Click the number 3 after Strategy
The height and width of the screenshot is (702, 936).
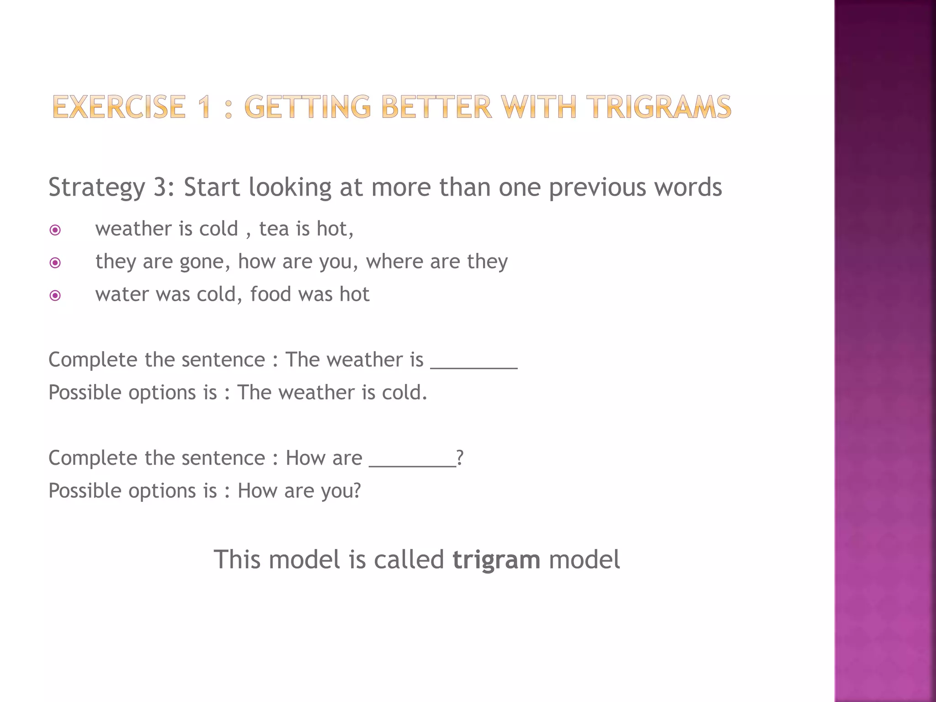click(x=160, y=187)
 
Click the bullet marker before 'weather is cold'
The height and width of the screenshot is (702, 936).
click(x=55, y=230)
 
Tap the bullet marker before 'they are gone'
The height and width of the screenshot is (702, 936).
click(x=55, y=263)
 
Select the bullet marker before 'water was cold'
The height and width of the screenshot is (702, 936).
click(x=55, y=296)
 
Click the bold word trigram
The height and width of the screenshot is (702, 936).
click(x=496, y=560)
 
